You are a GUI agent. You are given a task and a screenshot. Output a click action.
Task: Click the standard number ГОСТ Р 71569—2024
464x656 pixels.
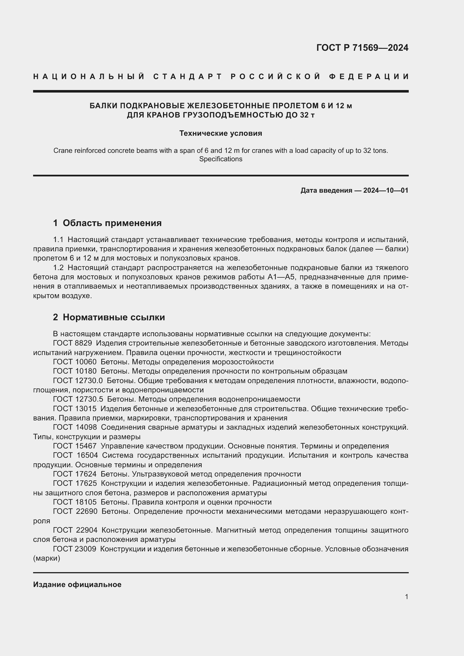pos(362,48)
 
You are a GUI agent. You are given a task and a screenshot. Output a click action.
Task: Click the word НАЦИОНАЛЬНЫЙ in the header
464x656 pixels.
pos(89,77)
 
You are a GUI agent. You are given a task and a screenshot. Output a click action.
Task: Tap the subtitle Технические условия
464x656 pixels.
pos(220,133)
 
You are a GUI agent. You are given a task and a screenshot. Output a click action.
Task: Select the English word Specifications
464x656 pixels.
pos(220,159)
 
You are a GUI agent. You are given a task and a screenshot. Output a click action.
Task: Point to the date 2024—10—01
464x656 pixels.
pos(385,190)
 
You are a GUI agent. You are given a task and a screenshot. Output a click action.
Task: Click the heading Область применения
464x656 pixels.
pos(112,223)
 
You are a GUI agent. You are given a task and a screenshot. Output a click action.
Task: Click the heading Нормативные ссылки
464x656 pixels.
pos(114,317)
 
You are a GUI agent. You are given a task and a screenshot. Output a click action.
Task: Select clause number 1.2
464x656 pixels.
pos(58,268)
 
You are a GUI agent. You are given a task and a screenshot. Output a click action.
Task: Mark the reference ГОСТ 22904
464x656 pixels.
pos(75,530)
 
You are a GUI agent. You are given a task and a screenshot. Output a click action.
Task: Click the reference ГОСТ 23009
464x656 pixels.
pos(74,549)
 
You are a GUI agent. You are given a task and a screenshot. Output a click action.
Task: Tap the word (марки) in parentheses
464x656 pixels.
pos(47,558)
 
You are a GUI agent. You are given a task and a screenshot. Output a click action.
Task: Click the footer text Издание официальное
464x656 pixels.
pos(77,584)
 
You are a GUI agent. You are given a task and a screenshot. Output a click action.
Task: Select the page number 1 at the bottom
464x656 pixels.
pos(406,597)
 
